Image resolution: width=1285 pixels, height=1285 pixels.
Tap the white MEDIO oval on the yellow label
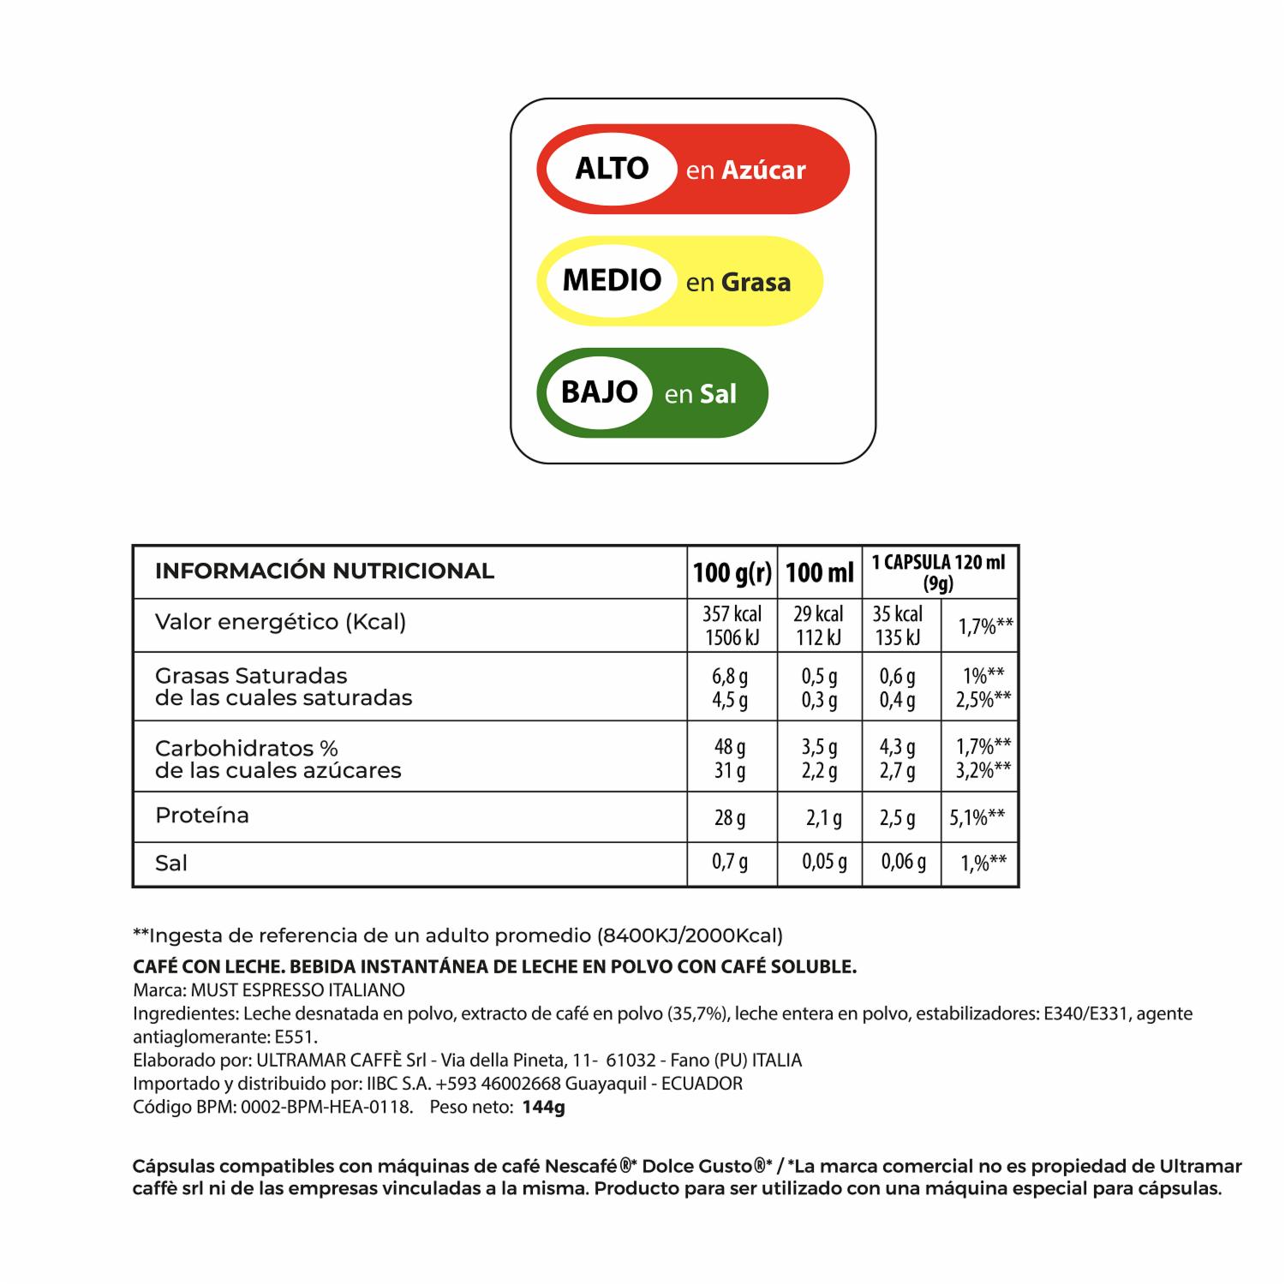pos(612,281)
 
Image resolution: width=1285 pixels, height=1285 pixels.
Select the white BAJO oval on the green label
pos(599,393)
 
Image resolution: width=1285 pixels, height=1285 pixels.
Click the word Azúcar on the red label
pos(763,170)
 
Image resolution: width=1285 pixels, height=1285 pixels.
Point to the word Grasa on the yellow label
pos(756,283)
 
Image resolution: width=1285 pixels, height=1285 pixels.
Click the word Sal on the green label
pos(718,394)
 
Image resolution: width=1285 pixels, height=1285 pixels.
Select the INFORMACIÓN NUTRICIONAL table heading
pos(324,571)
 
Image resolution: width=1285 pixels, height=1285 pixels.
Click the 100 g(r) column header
pos(732,572)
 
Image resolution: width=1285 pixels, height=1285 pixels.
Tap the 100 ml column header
pos(820,572)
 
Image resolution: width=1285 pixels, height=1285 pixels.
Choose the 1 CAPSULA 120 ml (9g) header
pos(939,572)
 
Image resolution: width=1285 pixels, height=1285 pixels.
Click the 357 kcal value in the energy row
pos(732,614)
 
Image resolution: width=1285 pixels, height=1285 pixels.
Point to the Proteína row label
pos(202,816)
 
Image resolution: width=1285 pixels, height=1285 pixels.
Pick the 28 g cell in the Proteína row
pos(730,818)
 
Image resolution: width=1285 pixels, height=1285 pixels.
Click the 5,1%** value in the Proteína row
pos(977,817)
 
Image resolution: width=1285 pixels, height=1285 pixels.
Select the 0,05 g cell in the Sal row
pos(824,862)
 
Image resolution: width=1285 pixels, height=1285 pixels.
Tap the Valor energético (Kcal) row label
pos(280,622)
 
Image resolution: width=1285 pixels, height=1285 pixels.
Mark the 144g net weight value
pos(544,1107)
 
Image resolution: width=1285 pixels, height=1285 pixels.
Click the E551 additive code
pos(296,1037)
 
